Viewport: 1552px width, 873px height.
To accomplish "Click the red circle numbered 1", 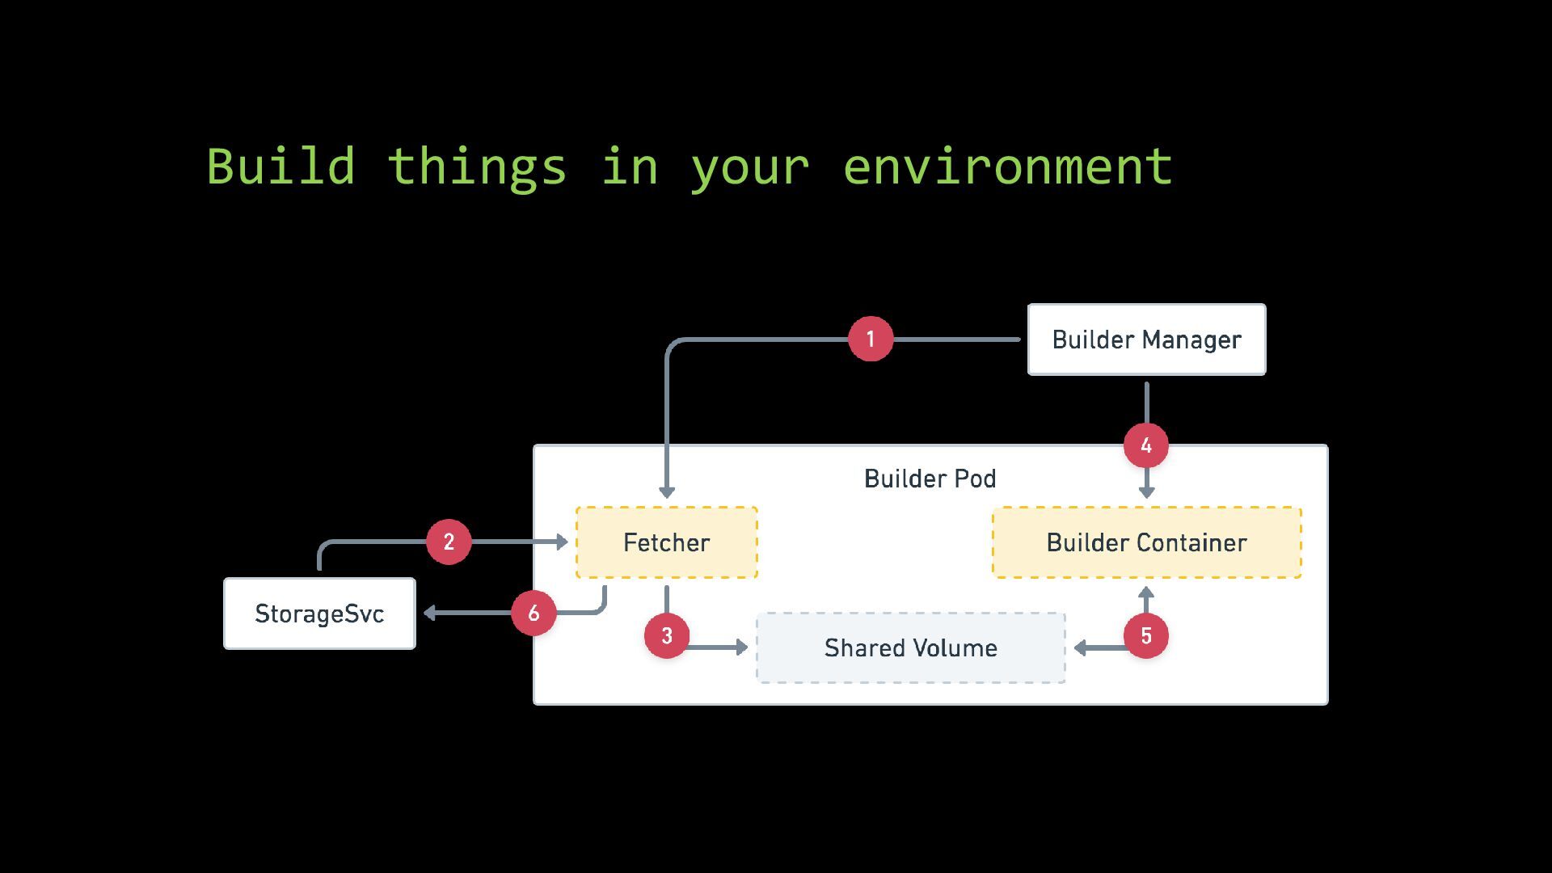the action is (871, 339).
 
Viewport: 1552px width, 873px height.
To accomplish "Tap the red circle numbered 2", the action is (449, 542).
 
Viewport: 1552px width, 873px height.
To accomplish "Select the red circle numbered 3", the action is (667, 635).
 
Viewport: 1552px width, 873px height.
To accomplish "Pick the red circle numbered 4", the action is (1146, 445).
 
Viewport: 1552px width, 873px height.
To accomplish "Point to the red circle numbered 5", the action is (1146, 635).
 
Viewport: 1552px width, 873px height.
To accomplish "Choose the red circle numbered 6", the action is (533, 613).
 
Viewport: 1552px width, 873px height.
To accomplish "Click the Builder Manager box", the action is (1146, 339).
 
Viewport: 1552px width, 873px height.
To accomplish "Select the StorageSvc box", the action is (319, 614).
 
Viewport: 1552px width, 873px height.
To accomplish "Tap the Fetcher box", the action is (667, 542).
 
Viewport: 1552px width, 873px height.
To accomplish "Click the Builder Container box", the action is (1147, 542).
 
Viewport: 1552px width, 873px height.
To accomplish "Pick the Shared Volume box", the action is (911, 647).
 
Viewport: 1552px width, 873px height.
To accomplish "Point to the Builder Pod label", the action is (930, 479).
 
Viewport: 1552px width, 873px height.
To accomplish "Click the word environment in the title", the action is (1007, 167).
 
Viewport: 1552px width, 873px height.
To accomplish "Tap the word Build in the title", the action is (280, 167).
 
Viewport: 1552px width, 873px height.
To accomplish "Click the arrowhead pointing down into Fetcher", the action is (667, 492).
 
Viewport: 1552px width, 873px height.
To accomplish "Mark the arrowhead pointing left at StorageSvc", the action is (429, 613).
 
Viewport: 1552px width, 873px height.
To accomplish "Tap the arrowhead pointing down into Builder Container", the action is (1146, 492).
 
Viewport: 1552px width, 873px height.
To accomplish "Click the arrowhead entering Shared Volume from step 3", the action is (742, 647).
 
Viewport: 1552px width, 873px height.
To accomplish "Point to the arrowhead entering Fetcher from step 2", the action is (563, 542).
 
